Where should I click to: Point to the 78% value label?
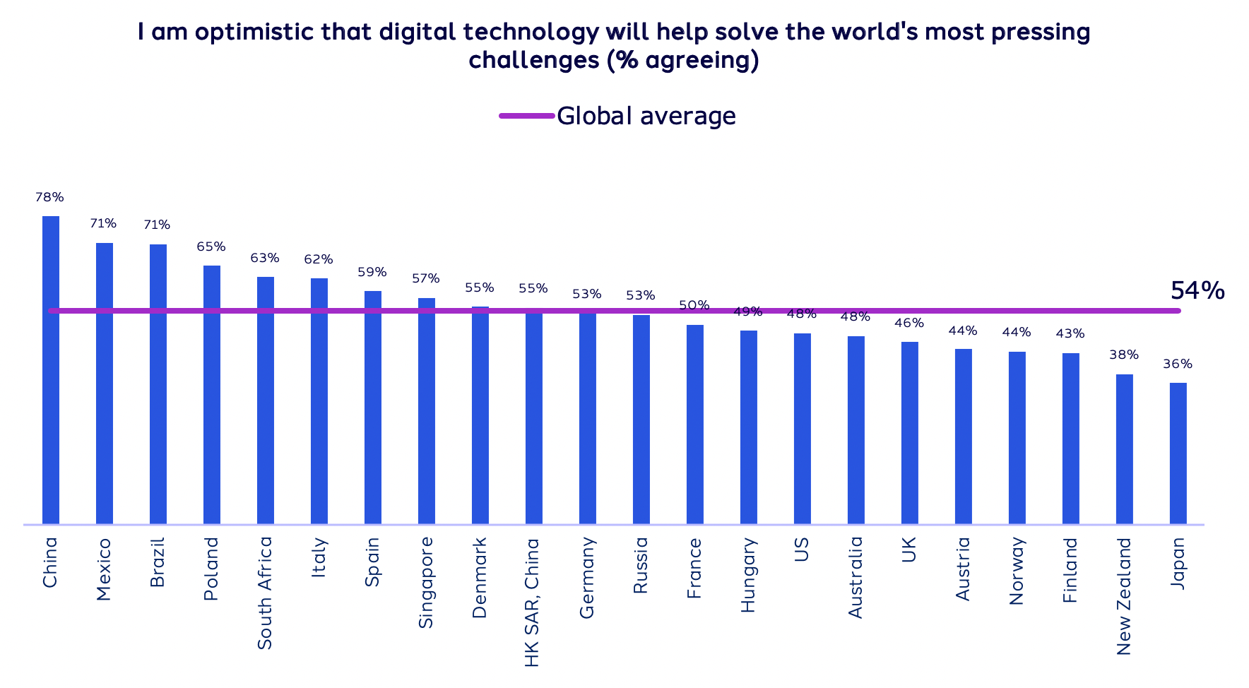(x=49, y=198)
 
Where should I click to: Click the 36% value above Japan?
(x=1178, y=364)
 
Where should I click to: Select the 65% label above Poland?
(x=211, y=247)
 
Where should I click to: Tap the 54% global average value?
(x=1197, y=290)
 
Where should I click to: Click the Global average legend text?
(x=646, y=116)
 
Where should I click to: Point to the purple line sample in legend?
(x=526, y=116)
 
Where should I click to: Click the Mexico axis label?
(x=104, y=569)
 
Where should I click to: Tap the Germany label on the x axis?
(x=586, y=578)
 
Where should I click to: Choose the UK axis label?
(x=909, y=550)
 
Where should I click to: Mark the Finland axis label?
(x=1070, y=570)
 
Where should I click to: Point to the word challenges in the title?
(x=534, y=60)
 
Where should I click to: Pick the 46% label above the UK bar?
(x=909, y=324)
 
